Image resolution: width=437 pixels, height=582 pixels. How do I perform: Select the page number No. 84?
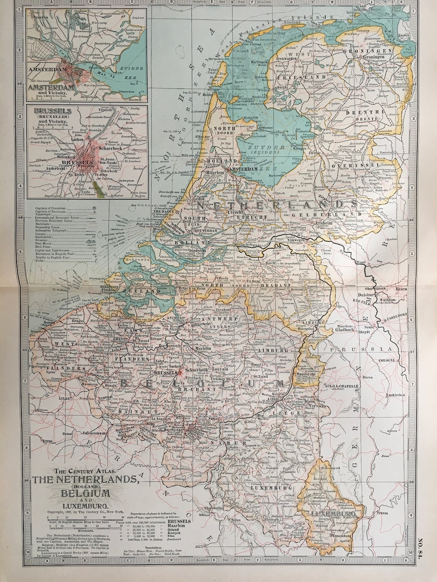[430, 539]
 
